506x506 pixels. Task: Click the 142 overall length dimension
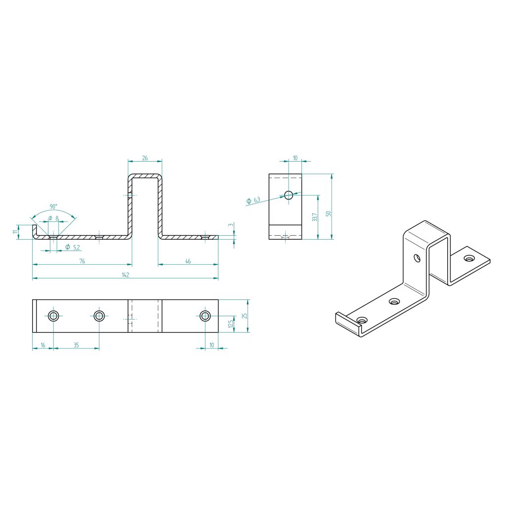[126, 275]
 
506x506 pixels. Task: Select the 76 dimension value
[82, 261]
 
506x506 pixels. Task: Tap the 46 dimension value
[188, 261]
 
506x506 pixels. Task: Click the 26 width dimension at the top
[145, 158]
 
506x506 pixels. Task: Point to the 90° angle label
[53, 206]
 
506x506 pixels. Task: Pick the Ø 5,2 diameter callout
[73, 247]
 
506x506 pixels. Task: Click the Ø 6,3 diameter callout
[253, 201]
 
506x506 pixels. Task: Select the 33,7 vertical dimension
[315, 217]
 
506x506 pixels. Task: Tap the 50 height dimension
[329, 213]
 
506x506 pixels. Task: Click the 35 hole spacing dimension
[76, 345]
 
